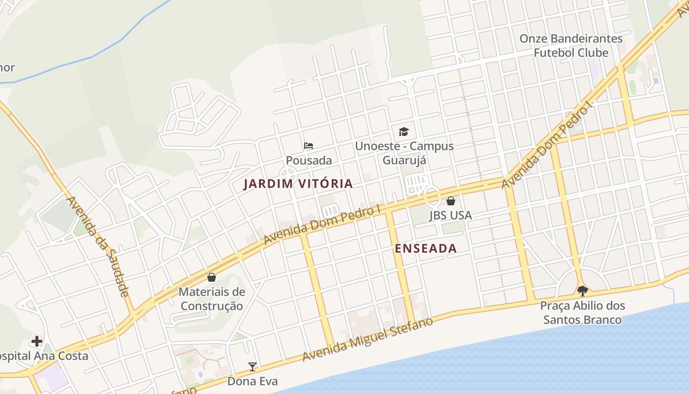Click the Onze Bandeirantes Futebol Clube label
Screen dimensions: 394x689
click(x=571, y=45)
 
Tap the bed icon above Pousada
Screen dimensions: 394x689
click(x=309, y=146)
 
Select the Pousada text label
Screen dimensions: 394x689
click(x=309, y=161)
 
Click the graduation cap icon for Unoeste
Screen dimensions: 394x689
click(x=404, y=131)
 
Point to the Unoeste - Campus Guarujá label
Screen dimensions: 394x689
click(x=404, y=153)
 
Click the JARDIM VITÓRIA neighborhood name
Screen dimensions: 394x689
click(x=298, y=184)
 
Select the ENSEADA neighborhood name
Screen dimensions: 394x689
click(x=426, y=249)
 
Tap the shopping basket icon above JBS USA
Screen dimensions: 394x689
click(x=450, y=201)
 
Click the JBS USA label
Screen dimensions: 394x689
click(x=450, y=215)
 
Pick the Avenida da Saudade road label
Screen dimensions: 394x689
click(x=97, y=246)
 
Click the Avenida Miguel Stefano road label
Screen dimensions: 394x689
click(x=368, y=339)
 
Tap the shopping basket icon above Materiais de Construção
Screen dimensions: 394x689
click(x=212, y=277)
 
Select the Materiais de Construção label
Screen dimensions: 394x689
click(x=212, y=299)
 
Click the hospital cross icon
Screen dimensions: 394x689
click(x=36, y=341)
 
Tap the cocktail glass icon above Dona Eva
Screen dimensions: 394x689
click(x=252, y=366)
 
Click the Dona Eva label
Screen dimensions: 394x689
click(x=252, y=381)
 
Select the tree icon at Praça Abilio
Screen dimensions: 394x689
click(x=582, y=291)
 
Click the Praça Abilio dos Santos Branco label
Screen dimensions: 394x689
click(x=582, y=313)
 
